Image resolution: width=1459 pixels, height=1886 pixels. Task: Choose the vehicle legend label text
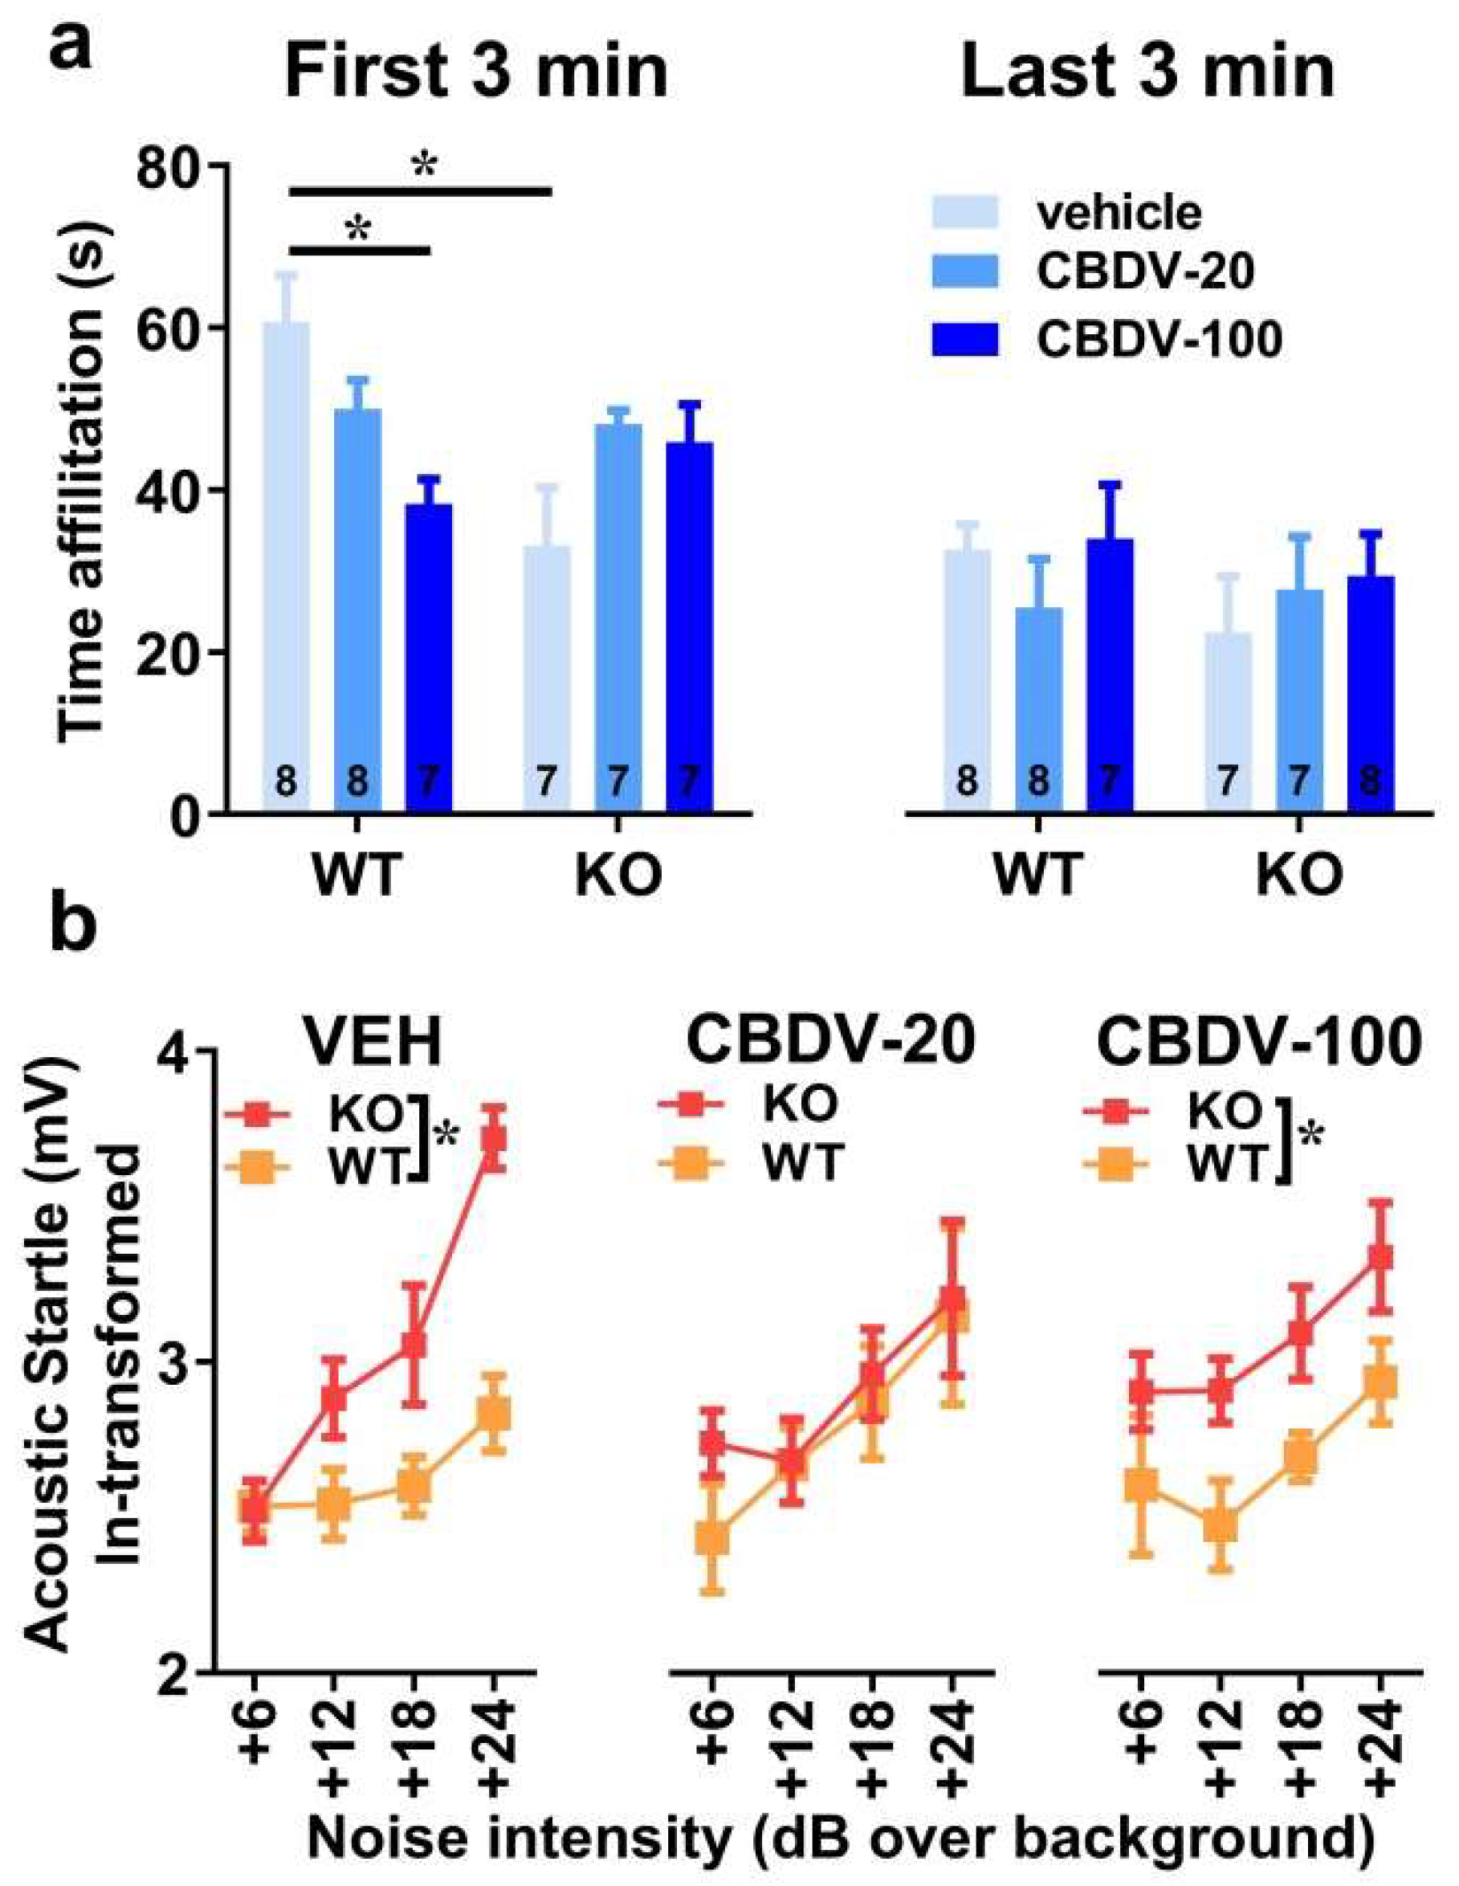[1118, 210]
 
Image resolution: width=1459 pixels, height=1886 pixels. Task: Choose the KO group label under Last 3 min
[1298, 875]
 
